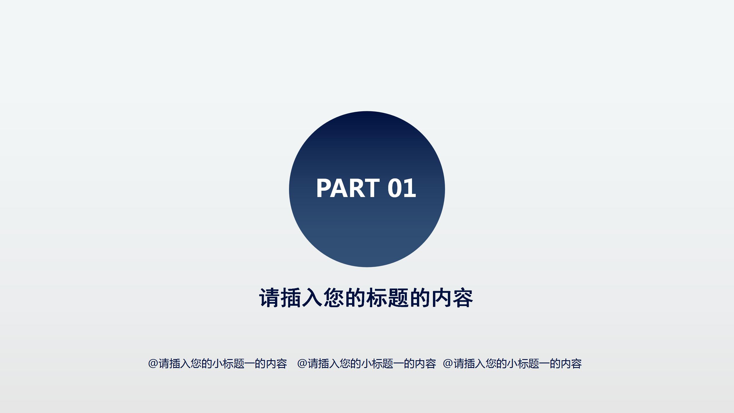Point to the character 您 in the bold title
(x=334, y=298)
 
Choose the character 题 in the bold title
(x=399, y=298)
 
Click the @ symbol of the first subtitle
(x=153, y=363)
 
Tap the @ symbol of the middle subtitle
(x=302, y=363)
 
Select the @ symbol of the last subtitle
(x=448, y=363)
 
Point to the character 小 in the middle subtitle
(x=366, y=363)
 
